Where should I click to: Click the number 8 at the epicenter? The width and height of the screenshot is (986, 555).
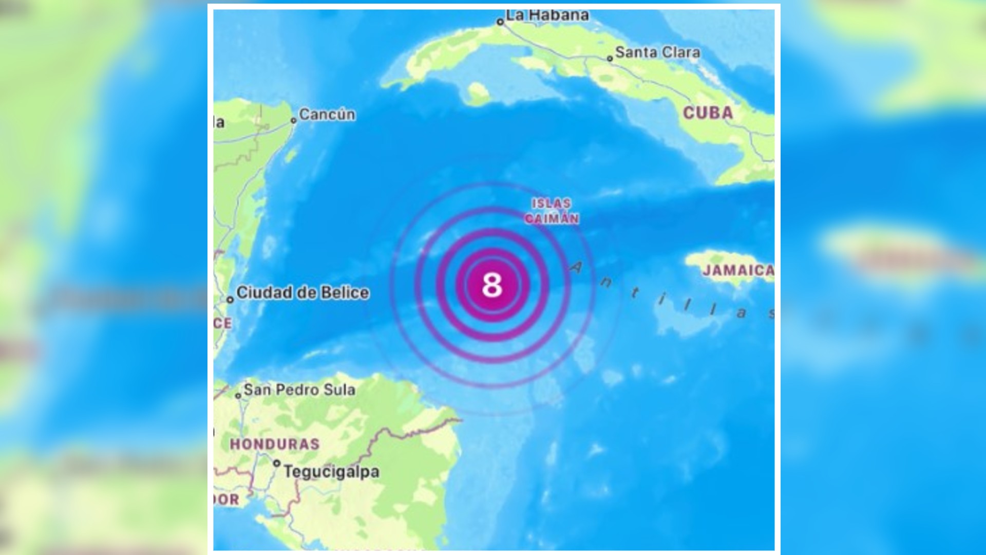[491, 285]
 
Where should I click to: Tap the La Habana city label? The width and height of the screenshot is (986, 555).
[547, 15]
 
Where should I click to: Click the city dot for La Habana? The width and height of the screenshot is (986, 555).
[500, 22]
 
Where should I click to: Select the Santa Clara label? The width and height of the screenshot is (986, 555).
[657, 52]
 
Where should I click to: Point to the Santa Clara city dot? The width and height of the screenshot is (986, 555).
[610, 59]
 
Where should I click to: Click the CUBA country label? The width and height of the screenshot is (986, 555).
[708, 113]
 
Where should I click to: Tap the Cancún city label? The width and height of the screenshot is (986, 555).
[327, 114]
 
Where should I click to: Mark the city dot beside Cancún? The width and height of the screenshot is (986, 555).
[293, 120]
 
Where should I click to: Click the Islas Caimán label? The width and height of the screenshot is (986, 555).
[552, 211]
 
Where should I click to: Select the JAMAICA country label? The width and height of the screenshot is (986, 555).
[737, 270]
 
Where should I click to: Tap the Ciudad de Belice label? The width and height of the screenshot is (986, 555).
[302, 293]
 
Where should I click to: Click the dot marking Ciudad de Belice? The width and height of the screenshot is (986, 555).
[230, 300]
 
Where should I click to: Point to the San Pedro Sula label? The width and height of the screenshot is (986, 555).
[299, 390]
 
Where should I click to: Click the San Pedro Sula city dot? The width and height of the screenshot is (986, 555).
[238, 396]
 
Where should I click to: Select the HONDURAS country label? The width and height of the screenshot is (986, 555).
[275, 444]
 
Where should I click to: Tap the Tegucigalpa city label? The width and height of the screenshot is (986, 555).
[331, 471]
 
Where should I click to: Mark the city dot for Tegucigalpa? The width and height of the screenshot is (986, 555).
[277, 464]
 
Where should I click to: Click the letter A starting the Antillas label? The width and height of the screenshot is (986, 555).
[577, 267]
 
